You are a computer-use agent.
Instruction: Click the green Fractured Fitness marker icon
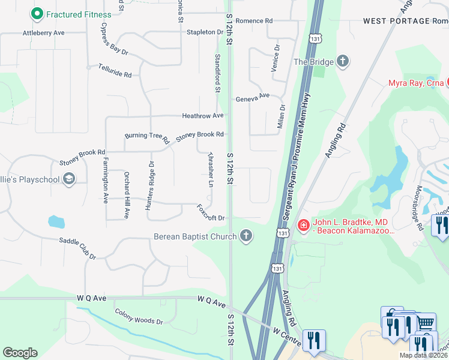tap(37, 14)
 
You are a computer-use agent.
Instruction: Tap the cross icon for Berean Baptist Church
tap(246, 236)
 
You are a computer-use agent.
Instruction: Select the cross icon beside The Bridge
tap(343, 61)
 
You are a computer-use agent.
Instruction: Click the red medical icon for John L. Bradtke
tap(303, 226)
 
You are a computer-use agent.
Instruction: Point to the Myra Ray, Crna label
tap(415, 83)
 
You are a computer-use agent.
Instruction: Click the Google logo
tap(20, 352)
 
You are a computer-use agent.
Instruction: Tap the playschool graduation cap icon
tap(69, 179)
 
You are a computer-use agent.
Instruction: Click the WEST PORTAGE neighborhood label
tap(397, 21)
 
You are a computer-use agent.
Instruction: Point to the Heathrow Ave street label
tap(203, 115)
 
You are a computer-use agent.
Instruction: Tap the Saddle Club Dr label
tap(77, 248)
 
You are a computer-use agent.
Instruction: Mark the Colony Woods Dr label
tap(139, 317)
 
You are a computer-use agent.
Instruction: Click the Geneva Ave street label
tap(253, 98)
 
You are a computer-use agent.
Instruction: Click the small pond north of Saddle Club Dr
tap(56, 221)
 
